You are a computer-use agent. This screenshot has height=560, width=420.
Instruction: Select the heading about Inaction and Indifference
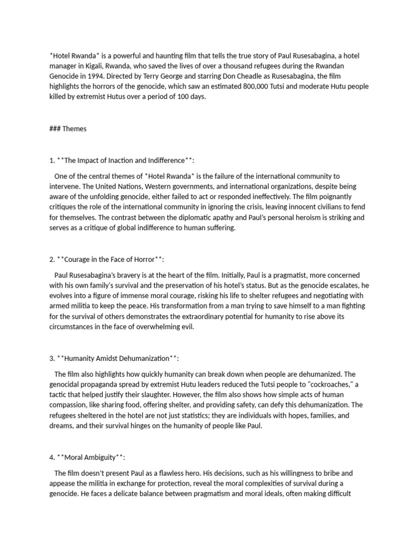[121, 160]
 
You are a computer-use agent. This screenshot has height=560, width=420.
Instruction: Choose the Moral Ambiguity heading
[91, 457]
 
